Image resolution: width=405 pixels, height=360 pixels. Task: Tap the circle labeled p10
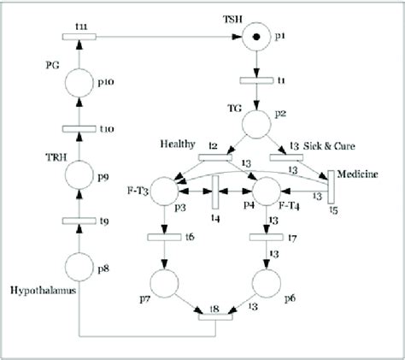tap(79, 81)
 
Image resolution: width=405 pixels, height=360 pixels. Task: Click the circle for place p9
tap(79, 175)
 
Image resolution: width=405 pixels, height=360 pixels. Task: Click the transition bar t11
tap(79, 36)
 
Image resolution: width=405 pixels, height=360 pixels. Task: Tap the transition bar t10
tap(79, 128)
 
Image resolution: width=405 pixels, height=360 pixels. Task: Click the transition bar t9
tap(79, 221)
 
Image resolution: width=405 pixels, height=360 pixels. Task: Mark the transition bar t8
tap(215, 317)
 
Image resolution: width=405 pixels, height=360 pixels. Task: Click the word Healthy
tap(176, 144)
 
